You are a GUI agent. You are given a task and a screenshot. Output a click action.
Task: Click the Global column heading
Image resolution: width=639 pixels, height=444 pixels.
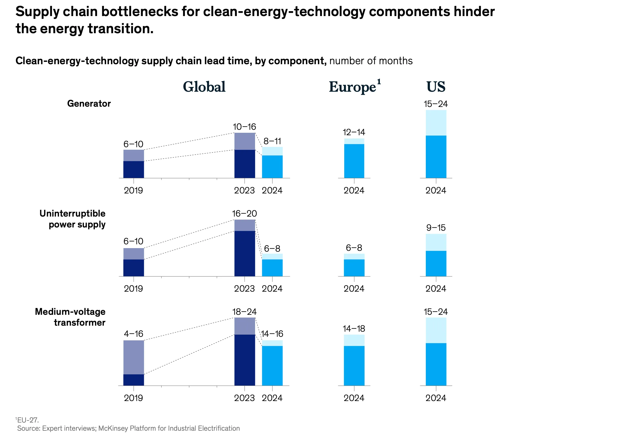coord(204,87)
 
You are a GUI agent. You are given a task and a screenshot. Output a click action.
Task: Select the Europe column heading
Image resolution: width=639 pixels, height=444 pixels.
coord(352,87)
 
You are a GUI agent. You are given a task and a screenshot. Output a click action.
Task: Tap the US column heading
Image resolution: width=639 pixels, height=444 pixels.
coord(435,87)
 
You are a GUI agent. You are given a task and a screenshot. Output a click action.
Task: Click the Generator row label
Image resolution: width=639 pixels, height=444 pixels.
coord(89,103)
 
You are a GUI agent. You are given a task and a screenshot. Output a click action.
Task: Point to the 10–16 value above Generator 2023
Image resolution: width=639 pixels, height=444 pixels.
coord(244,127)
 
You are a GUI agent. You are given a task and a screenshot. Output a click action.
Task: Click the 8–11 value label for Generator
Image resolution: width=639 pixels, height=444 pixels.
coord(272,141)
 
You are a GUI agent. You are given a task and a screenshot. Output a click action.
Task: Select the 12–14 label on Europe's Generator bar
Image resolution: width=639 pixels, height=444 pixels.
coord(354,132)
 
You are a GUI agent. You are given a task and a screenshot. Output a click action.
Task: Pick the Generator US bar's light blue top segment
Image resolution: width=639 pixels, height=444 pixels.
coord(436,122)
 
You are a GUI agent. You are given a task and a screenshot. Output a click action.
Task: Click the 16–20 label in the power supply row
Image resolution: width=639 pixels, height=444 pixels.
coord(244,214)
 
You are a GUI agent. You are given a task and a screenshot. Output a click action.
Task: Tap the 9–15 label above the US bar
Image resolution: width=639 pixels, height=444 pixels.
coord(436,228)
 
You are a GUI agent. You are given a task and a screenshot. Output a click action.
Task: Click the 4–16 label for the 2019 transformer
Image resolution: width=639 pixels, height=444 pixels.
coord(134,334)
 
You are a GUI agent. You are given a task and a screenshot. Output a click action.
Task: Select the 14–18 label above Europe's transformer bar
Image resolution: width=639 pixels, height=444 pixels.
coord(354,329)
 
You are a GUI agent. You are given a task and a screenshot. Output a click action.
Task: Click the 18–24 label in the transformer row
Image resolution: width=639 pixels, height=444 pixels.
coord(244,312)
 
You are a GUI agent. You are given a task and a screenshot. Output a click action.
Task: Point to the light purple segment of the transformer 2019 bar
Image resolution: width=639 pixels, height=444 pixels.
coord(134,357)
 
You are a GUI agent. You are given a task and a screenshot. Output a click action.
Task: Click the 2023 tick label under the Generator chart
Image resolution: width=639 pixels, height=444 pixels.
coord(244,190)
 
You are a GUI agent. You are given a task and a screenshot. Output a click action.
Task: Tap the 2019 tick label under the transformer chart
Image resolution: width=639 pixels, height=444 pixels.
coord(134,398)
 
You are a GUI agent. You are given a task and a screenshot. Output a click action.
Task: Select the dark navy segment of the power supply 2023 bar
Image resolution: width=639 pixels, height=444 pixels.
coord(244,253)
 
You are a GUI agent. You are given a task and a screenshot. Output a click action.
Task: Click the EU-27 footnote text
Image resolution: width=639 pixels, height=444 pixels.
coord(27,420)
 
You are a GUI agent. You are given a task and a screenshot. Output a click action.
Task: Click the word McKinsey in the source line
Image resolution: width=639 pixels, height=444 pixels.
coord(113,428)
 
